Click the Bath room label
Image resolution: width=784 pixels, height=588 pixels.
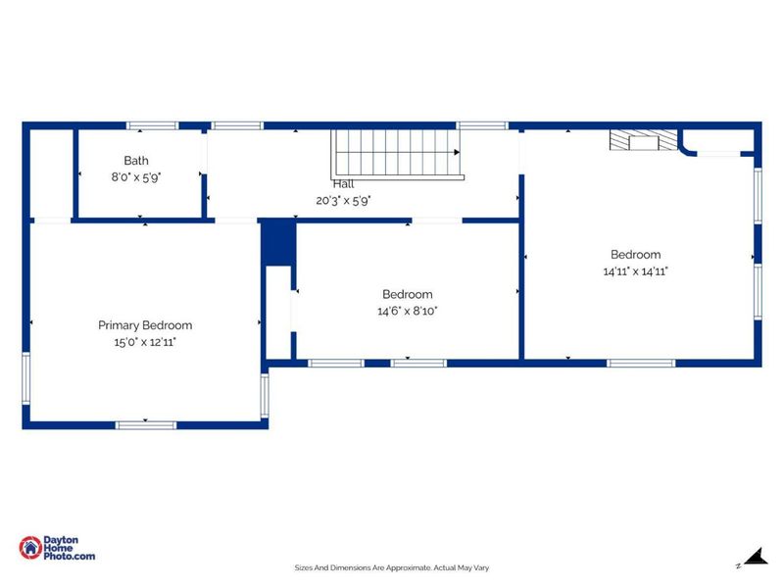click(x=137, y=161)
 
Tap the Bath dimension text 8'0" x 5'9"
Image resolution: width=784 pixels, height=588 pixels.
click(x=137, y=178)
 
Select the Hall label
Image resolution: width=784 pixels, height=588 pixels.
click(x=343, y=184)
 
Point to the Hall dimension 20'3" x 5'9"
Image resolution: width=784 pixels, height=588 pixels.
click(x=343, y=200)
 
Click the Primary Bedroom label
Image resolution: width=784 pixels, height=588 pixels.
click(x=145, y=325)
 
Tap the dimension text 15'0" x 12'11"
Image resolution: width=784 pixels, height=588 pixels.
click(x=145, y=342)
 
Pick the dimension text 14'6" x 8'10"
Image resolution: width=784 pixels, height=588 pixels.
click(x=407, y=311)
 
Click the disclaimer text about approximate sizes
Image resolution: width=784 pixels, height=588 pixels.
click(x=392, y=567)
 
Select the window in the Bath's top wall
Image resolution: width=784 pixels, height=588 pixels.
click(x=153, y=126)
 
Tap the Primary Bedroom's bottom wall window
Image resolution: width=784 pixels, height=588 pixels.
click(x=145, y=424)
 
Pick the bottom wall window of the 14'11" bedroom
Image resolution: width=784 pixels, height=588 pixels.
click(x=641, y=364)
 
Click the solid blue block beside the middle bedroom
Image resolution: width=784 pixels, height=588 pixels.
click(x=278, y=243)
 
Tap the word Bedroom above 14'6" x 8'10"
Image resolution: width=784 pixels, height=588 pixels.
click(x=407, y=294)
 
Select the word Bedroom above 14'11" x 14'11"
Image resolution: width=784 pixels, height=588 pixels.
click(x=636, y=255)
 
